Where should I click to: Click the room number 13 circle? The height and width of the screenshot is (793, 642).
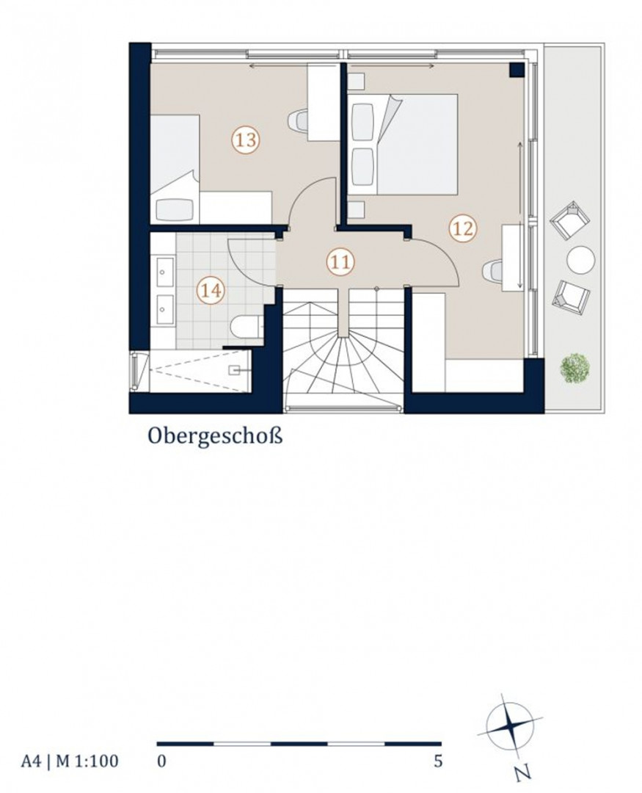(246, 140)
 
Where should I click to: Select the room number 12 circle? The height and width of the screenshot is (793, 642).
(463, 229)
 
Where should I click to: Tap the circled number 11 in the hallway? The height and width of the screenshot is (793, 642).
(340, 262)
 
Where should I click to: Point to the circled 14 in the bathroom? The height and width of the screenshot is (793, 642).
(211, 291)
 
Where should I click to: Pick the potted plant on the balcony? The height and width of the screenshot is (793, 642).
(575, 368)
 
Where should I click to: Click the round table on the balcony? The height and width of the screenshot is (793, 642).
(580, 259)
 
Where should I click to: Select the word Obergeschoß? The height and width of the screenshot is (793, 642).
(215, 436)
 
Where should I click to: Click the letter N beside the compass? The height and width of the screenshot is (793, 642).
(523, 773)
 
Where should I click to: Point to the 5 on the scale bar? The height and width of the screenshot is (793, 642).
(438, 761)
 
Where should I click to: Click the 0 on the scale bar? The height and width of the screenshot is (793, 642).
(161, 761)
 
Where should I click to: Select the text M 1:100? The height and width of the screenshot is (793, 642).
(87, 761)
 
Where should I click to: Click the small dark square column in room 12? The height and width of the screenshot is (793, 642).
(516, 70)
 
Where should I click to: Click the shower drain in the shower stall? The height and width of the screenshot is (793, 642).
(235, 370)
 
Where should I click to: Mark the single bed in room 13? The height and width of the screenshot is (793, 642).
(175, 169)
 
